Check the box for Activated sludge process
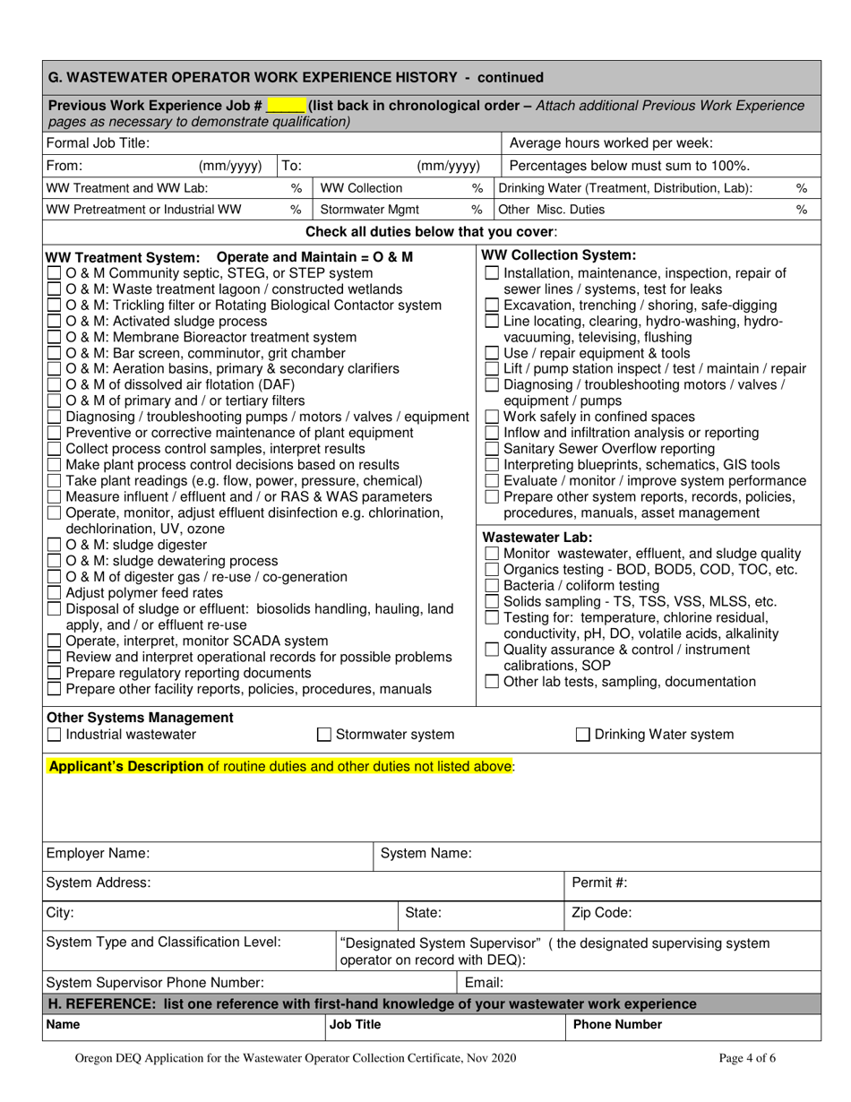54,322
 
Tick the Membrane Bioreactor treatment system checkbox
54,338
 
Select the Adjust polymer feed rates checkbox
54,592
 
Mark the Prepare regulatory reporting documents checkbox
54,673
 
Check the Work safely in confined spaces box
492,417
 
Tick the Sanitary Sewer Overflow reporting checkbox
492,449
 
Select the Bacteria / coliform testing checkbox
492,585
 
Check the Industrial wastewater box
54,735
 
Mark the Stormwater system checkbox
325,735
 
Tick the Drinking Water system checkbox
582,735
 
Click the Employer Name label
98,854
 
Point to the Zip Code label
602,913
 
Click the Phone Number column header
617,1024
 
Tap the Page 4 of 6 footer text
747,1058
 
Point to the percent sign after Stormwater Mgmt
477,210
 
